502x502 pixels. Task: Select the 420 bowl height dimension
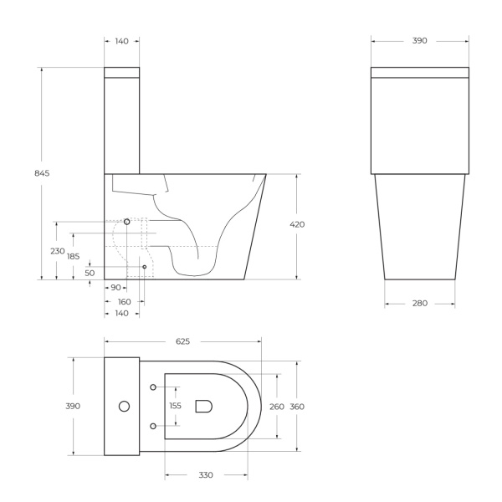[297, 224]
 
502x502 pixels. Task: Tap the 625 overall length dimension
[183, 341]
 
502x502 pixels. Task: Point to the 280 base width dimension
[420, 303]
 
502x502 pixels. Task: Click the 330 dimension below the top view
[206, 475]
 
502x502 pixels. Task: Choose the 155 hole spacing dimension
[175, 406]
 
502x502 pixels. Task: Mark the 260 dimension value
[276, 407]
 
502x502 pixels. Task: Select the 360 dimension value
[298, 407]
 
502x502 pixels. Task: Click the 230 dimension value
[57, 251]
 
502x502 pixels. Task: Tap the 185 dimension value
[74, 257]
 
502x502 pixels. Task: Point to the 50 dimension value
[90, 273]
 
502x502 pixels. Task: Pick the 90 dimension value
[115, 288]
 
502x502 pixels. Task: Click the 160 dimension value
[124, 301]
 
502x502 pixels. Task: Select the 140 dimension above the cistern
[122, 40]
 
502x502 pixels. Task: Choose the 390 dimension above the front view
[420, 40]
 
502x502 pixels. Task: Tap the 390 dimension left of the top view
[73, 406]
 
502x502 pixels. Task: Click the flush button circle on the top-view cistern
[124, 407]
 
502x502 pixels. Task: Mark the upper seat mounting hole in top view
[153, 387]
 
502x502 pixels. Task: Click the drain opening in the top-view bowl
[203, 407]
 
